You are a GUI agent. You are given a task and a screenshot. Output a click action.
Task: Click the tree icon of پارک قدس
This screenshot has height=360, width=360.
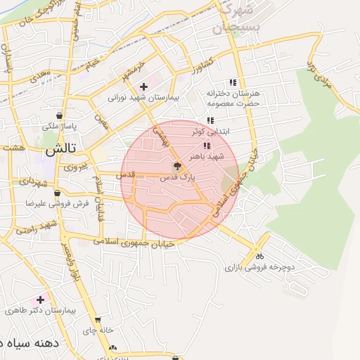coord(177,167)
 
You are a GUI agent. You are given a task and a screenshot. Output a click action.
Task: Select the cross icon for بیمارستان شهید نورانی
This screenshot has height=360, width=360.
coord(143,86)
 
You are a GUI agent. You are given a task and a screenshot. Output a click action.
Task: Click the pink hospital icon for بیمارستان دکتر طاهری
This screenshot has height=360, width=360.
coord(40,300)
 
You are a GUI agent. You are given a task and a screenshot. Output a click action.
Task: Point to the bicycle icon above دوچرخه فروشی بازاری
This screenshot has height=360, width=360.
coord(259,257)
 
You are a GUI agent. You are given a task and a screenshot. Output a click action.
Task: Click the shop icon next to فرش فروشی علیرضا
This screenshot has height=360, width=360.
coord(56,193)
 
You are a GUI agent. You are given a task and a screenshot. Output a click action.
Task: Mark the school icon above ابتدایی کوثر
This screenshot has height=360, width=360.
coord(210,121)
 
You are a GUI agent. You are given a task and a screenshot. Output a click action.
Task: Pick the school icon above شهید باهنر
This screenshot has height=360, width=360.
coord(206,146)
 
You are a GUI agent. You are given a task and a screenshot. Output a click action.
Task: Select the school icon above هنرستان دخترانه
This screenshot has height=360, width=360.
coord(233,82)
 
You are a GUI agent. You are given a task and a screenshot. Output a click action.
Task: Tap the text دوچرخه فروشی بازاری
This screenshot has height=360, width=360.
coord(258,268)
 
